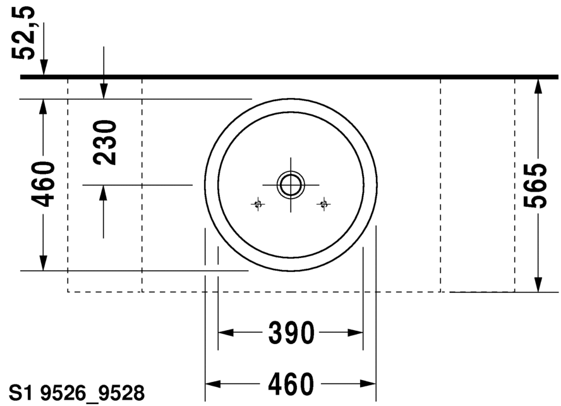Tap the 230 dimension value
click(106, 142)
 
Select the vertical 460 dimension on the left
click(44, 185)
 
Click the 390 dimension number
click(291, 333)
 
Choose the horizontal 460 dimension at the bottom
click(291, 384)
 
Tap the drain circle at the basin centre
click(291, 185)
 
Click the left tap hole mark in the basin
click(257, 204)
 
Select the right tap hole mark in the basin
click(324, 204)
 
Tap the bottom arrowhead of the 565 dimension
click(538, 284)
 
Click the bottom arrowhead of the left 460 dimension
click(43, 262)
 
